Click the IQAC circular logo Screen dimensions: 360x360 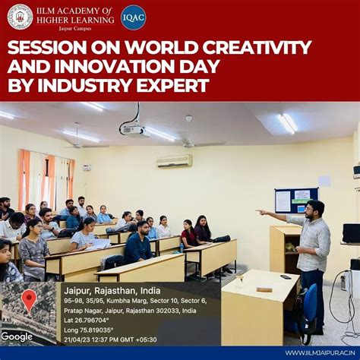[x=133, y=17]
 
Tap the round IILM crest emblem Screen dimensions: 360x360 [x=20, y=17]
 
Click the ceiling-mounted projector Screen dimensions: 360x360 [x=134, y=130]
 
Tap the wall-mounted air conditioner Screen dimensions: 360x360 [x=174, y=161]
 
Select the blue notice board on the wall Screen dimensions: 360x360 [x=296, y=200]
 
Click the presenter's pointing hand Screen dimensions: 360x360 [x=260, y=211]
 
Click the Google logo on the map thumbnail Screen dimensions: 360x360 [x=17, y=336]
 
